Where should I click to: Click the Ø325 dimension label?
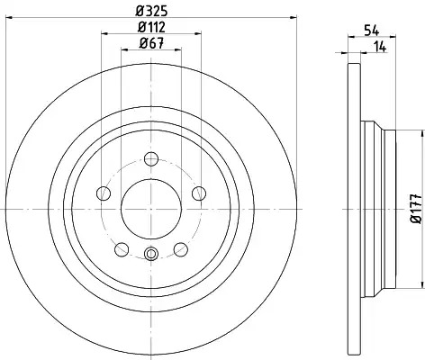click(x=151, y=12)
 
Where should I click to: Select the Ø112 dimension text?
click(x=151, y=28)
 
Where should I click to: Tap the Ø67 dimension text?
click(x=151, y=44)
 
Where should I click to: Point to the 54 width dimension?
click(x=372, y=31)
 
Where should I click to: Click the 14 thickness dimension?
click(x=379, y=47)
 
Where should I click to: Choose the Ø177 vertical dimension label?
click(x=416, y=209)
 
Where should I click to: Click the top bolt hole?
click(x=151, y=159)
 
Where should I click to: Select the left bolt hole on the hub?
click(x=104, y=193)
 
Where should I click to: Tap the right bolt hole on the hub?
click(x=199, y=193)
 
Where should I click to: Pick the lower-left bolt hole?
click(x=122, y=249)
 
